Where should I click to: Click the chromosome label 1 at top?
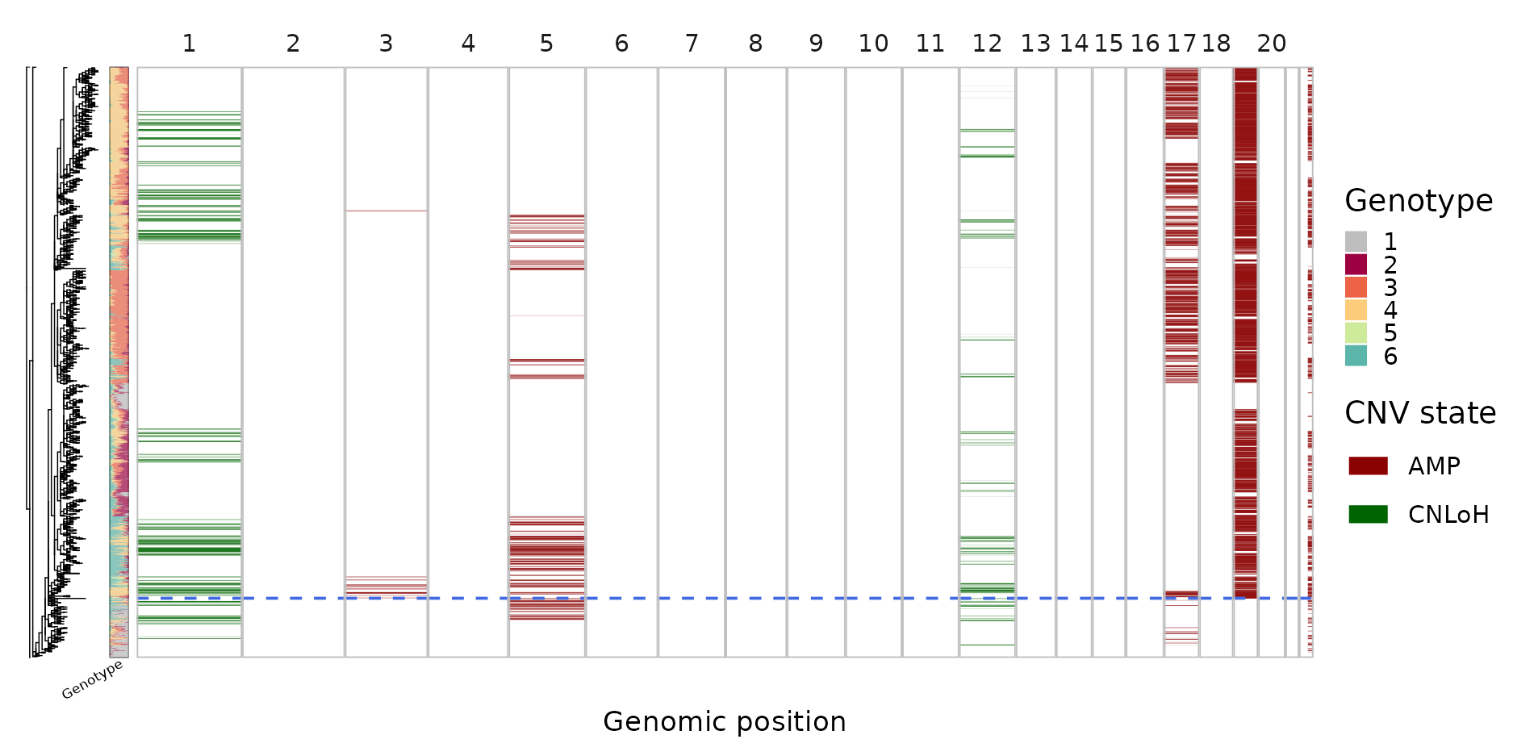pos(189,44)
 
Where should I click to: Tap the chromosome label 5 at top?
pos(546,44)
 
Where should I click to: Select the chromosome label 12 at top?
pos(986,44)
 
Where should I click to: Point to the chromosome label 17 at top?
pos(1181,44)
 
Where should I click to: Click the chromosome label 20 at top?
pos(1271,44)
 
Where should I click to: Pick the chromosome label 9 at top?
pos(816,44)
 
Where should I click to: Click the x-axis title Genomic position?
pos(724,721)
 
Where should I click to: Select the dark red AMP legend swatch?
pos(1368,466)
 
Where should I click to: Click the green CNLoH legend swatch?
pos(1368,515)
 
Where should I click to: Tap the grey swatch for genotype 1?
pos(1356,241)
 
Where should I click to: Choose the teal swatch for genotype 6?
pos(1356,356)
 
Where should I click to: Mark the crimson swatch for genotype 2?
pos(1356,265)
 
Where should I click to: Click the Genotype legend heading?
pos(1418,201)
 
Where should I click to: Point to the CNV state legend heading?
pos(1419,413)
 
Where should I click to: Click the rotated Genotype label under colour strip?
pos(93,679)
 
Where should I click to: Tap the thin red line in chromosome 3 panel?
pos(386,211)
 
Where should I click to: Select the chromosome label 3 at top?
pos(386,44)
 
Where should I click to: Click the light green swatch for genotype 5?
pos(1356,333)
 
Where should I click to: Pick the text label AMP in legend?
pos(1433,466)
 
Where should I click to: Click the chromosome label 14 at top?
pos(1073,44)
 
